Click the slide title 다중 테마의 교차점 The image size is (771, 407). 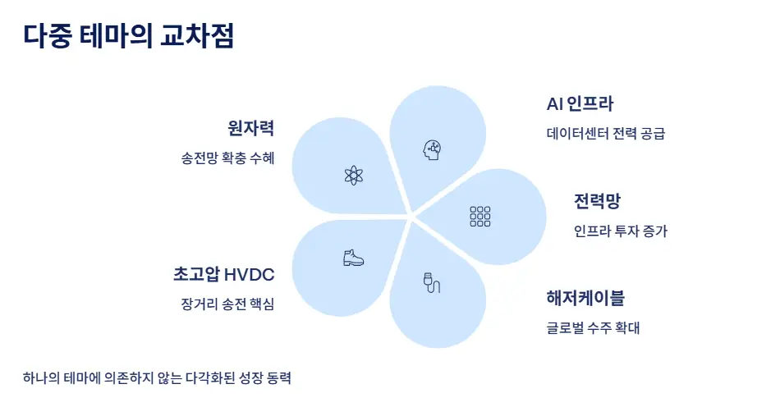click(x=129, y=36)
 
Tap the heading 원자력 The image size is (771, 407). click(x=250, y=128)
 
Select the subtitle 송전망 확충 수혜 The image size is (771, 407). click(x=227, y=158)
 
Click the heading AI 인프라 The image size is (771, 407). click(x=580, y=104)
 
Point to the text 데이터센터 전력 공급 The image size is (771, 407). click(x=605, y=133)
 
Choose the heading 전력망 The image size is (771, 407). click(x=596, y=202)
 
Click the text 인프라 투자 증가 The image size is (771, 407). click(x=621, y=231)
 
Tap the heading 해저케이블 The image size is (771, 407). click(x=585, y=297)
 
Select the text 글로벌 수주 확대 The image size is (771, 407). click(x=593, y=328)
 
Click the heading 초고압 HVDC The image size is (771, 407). click(x=223, y=274)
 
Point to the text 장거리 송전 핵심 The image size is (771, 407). click(x=227, y=304)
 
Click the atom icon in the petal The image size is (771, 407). click(x=354, y=174)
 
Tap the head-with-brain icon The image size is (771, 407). click(x=432, y=149)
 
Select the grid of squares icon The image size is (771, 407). click(x=480, y=216)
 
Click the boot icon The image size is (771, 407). click(x=353, y=258)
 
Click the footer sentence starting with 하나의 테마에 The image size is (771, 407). click(x=158, y=378)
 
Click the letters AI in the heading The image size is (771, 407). click(x=555, y=104)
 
